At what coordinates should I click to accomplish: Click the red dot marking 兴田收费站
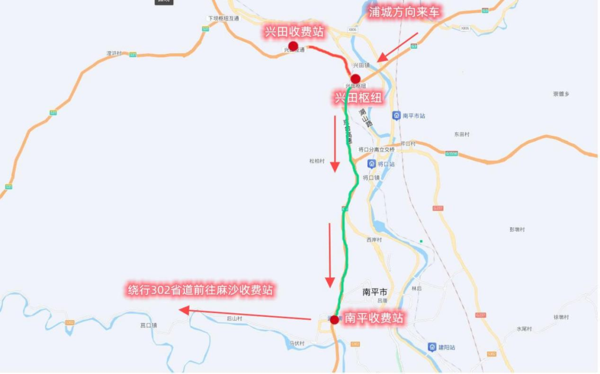click(x=293, y=46)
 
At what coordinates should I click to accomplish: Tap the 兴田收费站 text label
click(x=294, y=32)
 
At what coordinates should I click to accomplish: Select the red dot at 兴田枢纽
click(x=356, y=79)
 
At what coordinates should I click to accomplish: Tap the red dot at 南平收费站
click(x=334, y=320)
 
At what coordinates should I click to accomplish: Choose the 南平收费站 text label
click(x=374, y=318)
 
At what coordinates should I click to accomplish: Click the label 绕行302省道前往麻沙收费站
click(x=201, y=290)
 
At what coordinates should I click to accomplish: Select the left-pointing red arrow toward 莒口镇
click(x=244, y=315)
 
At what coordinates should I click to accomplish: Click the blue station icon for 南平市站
click(x=397, y=116)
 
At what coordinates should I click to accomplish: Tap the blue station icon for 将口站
click(x=371, y=164)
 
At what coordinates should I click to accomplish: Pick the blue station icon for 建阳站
click(x=432, y=347)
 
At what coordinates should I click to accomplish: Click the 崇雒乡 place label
click(x=561, y=94)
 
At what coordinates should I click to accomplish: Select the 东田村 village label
click(x=462, y=134)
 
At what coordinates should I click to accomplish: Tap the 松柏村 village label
click(x=317, y=161)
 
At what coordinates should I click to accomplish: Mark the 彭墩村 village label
click(x=517, y=230)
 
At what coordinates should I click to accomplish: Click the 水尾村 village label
click(x=524, y=329)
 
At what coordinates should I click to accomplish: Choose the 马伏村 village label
click(x=297, y=343)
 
